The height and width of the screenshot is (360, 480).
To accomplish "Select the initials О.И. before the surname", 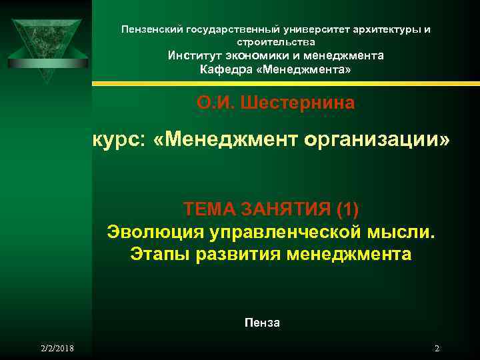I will point(214,103).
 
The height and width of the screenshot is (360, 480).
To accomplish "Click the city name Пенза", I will point(262,323).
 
